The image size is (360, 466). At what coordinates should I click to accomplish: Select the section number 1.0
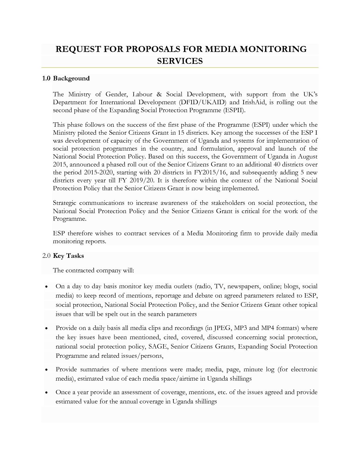(x=46, y=78)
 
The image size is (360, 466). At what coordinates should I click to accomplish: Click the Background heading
(x=71, y=78)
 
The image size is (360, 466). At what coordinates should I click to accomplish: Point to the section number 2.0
(x=46, y=256)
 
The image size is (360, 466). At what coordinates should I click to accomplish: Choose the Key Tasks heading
(x=68, y=256)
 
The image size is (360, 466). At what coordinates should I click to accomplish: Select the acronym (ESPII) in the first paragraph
(x=234, y=110)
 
